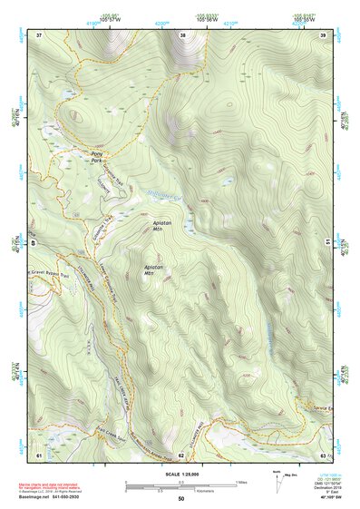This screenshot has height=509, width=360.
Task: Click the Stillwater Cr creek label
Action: click(x=164, y=195)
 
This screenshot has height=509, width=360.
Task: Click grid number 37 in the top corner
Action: click(x=39, y=34)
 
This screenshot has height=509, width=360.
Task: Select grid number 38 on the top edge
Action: click(x=182, y=34)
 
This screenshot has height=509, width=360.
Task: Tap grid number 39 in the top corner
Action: click(x=324, y=34)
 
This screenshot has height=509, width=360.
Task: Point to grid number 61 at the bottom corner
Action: click(x=39, y=453)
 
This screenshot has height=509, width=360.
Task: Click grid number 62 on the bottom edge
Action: click(x=181, y=453)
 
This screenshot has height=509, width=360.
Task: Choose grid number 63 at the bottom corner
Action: click(x=323, y=453)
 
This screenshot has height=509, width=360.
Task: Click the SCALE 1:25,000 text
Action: click(x=180, y=474)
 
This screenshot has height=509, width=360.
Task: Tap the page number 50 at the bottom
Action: click(x=181, y=498)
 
